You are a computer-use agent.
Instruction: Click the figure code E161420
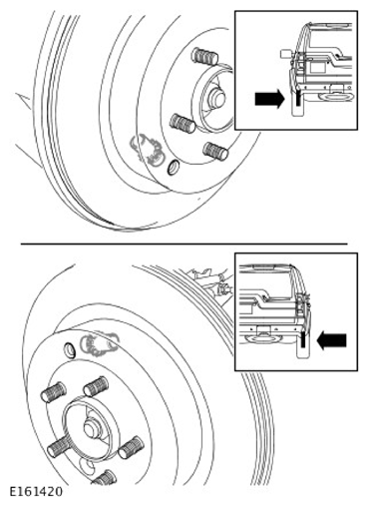click(x=36, y=492)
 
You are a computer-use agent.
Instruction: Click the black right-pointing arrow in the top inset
click(x=269, y=99)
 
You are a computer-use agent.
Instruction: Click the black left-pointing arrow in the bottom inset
click(x=332, y=341)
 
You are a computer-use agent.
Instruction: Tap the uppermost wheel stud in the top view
click(x=204, y=56)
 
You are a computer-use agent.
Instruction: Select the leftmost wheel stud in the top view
click(x=183, y=123)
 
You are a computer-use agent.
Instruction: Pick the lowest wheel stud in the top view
click(x=216, y=151)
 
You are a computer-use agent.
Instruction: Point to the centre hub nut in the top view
click(x=216, y=98)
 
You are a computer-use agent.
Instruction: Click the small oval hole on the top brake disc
click(x=173, y=167)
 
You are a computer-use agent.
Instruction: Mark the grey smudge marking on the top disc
click(x=148, y=149)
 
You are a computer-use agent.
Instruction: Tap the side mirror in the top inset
click(x=286, y=54)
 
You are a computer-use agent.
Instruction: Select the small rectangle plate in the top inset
click(x=317, y=67)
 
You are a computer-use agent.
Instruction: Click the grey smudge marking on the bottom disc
click(x=100, y=343)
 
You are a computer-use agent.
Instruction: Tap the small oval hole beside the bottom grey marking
click(x=70, y=349)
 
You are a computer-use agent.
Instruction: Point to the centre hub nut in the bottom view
click(x=92, y=428)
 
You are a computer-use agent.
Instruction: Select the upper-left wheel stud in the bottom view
click(x=53, y=392)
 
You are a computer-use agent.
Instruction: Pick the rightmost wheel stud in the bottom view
click(x=131, y=447)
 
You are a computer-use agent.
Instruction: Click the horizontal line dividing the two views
click(x=184, y=244)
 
